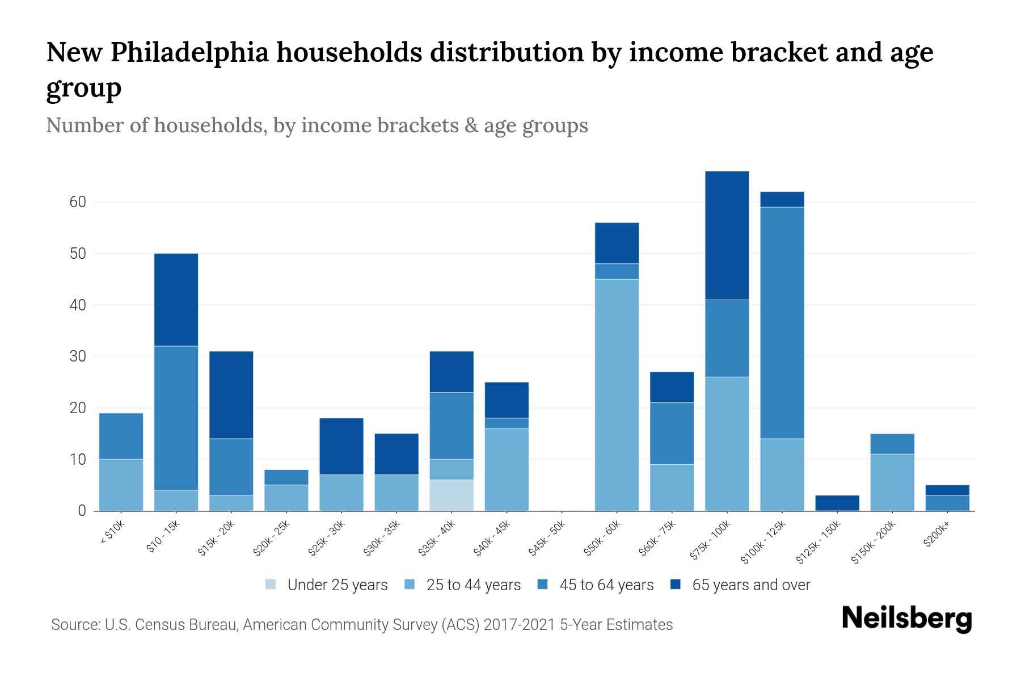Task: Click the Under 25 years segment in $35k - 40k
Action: tap(452, 495)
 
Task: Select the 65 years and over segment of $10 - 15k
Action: tap(176, 300)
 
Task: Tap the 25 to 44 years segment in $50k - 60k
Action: tap(617, 395)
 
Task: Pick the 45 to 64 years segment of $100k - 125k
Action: tap(782, 323)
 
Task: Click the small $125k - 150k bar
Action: tap(837, 503)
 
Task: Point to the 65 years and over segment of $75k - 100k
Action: tap(727, 236)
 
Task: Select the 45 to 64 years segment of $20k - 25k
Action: tap(286, 477)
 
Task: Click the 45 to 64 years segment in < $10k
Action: tap(121, 436)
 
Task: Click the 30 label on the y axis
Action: tap(78, 356)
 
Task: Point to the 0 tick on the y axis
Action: tap(82, 511)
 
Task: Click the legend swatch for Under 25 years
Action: tap(271, 585)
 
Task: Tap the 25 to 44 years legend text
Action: tap(473, 585)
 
